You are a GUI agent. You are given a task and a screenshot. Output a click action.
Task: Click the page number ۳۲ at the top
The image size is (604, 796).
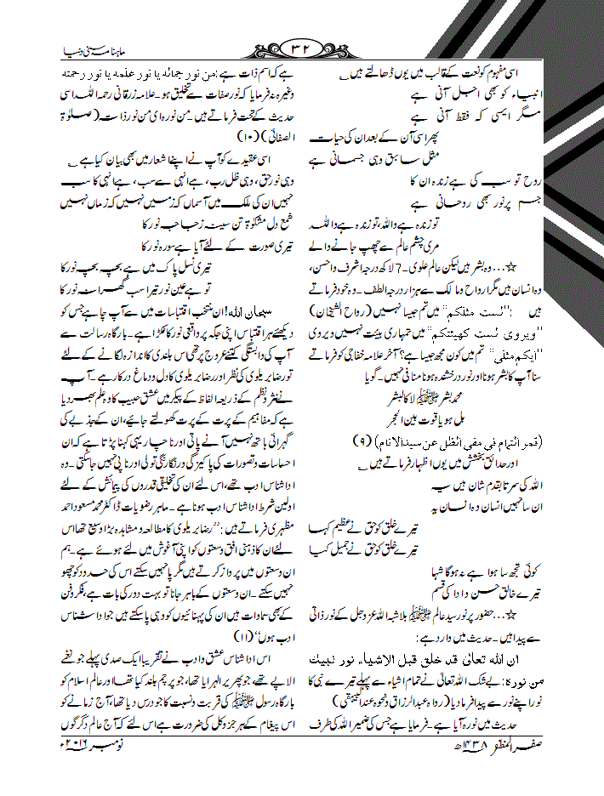pos(304,46)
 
